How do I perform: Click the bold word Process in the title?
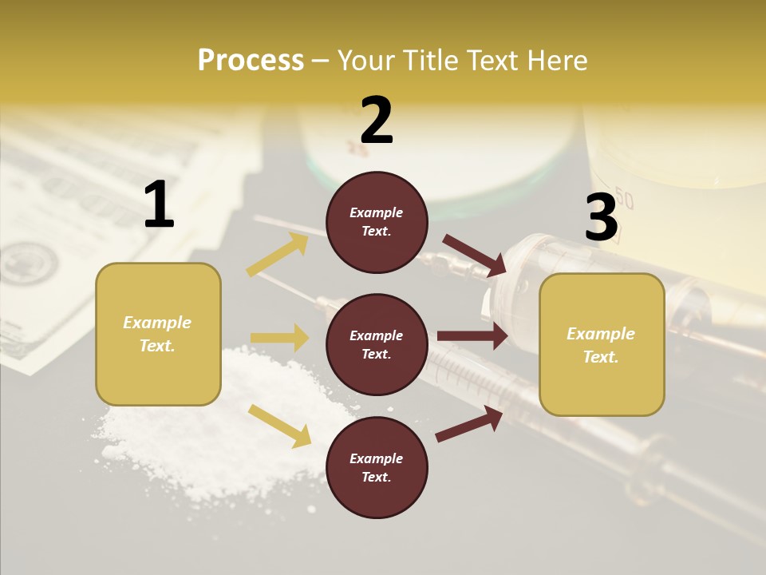click(251, 61)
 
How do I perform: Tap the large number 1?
click(159, 205)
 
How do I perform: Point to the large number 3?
click(601, 217)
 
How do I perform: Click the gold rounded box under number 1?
click(158, 334)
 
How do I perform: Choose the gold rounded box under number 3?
click(602, 344)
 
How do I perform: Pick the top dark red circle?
click(377, 222)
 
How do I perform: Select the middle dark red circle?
click(377, 344)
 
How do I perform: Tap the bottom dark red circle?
click(377, 467)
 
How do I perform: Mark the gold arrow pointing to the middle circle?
click(279, 338)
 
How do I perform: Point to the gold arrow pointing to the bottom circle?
click(279, 425)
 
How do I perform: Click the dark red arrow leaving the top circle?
click(474, 255)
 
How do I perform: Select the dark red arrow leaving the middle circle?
click(472, 336)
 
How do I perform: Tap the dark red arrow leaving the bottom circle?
click(469, 423)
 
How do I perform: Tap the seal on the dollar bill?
click(28, 264)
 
